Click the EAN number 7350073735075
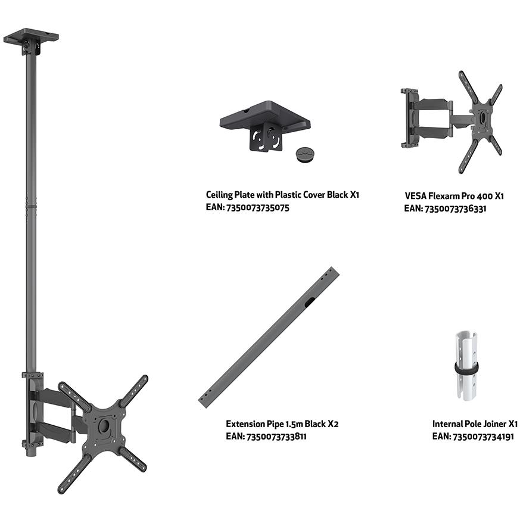pyautogui.click(x=257, y=208)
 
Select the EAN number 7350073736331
pyautogui.click(x=455, y=209)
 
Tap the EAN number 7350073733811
pyautogui.click(x=276, y=437)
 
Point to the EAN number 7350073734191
pyautogui.click(x=483, y=437)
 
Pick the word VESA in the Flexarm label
pyautogui.click(x=416, y=195)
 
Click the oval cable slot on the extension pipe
pyautogui.click(x=310, y=302)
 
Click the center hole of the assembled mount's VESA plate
pyautogui.click(x=104, y=425)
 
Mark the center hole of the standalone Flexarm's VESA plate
pyautogui.click(x=482, y=119)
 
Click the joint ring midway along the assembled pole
pyautogui.click(x=31, y=206)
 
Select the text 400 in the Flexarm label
pyautogui.click(x=485, y=196)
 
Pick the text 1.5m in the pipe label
pyautogui.click(x=292, y=424)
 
